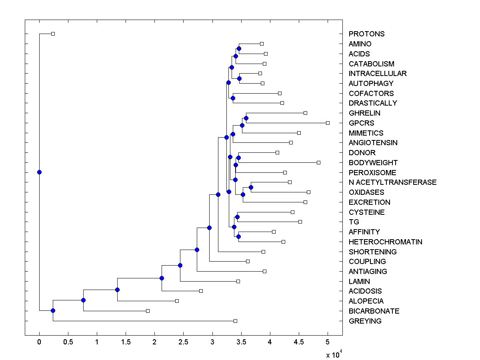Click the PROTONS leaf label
tap(366, 34)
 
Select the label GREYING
tap(365, 321)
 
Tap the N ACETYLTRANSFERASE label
tap(392, 182)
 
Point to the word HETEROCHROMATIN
tap(385, 242)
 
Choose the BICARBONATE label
tap(374, 311)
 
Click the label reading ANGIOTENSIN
tap(373, 143)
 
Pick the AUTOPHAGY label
tap(371, 84)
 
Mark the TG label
tap(354, 222)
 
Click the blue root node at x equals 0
tap(39, 172)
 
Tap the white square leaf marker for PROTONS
tap(53, 34)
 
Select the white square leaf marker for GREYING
tap(235, 321)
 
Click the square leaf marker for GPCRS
tap(328, 123)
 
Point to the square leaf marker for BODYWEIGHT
tap(318, 162)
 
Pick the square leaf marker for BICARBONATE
tap(148, 311)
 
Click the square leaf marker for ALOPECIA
tap(177, 301)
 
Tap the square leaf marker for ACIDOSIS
tap(201, 291)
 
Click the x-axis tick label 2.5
tap(183, 342)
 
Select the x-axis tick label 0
tap(39, 342)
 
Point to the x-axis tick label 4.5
tap(298, 342)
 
